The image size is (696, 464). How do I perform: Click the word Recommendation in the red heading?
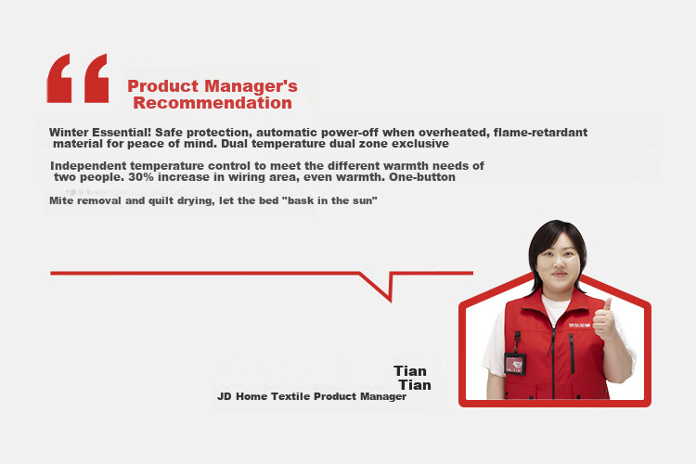(x=213, y=103)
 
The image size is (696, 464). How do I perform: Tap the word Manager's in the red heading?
(x=251, y=85)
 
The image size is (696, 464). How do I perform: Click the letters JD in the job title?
(x=225, y=396)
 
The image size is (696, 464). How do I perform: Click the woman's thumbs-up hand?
(x=604, y=320)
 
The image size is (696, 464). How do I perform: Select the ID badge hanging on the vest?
(x=515, y=364)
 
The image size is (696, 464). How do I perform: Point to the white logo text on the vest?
(x=580, y=326)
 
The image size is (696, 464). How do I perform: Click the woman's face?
(x=559, y=261)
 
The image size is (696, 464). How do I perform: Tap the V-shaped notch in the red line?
(x=390, y=301)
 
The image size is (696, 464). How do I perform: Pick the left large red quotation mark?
(x=59, y=79)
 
